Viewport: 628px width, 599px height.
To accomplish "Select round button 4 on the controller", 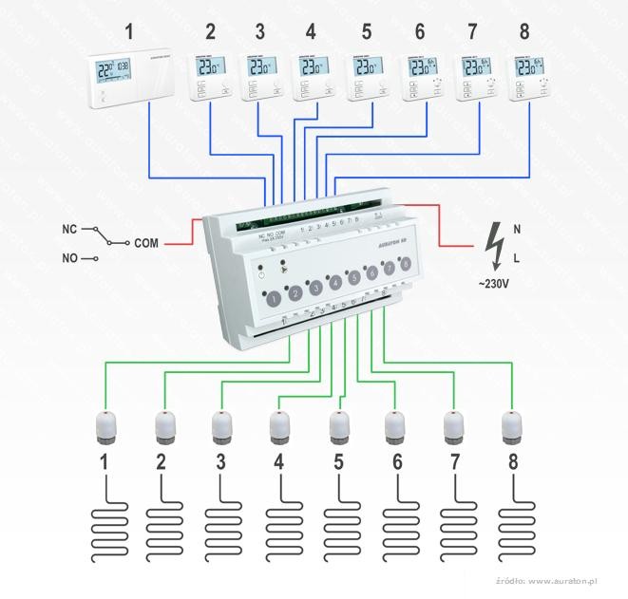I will coord(333,282).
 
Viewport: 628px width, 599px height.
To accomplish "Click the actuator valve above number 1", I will coord(105,425).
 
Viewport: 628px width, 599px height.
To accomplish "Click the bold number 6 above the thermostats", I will coord(419,31).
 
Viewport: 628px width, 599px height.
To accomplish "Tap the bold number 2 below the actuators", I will coord(161,464).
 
